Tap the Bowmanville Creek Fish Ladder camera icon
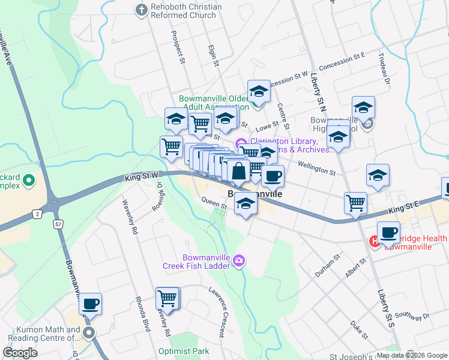pyautogui.click(x=240, y=259)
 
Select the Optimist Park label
pyautogui.click(x=184, y=351)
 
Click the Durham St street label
pyautogui.click(x=328, y=265)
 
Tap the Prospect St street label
pyautogui.click(x=178, y=47)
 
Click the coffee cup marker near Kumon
pyautogui.click(x=90, y=304)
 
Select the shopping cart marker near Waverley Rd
pyautogui.click(x=167, y=298)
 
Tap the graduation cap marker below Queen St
pyautogui.click(x=245, y=204)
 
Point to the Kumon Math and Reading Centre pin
pyautogui.click(x=89, y=332)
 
